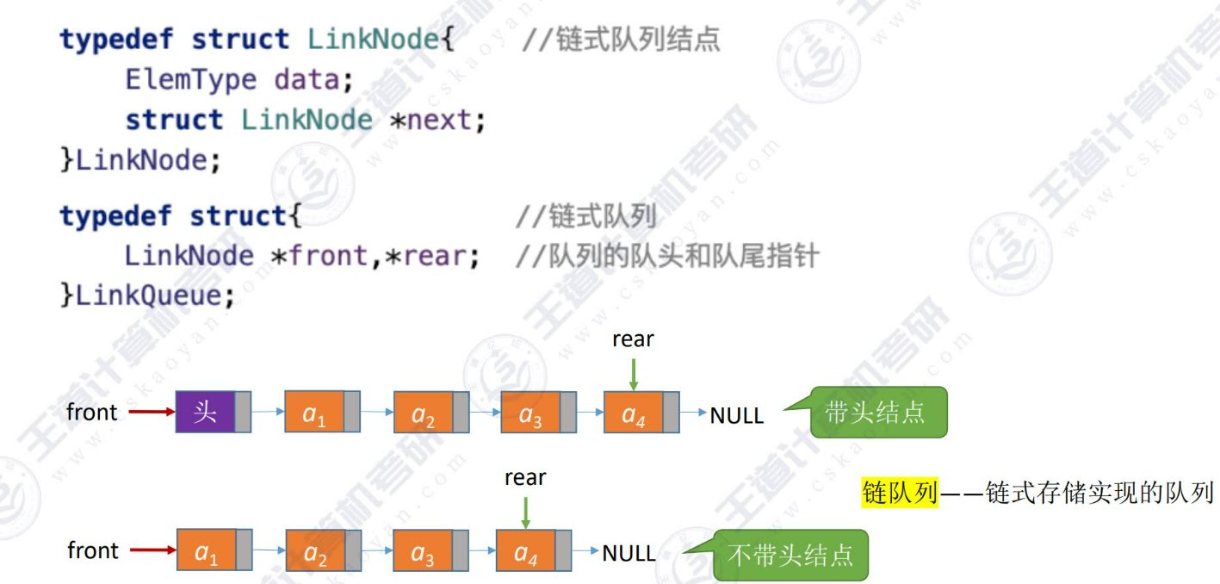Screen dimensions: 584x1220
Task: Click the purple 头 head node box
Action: pyautogui.click(x=205, y=412)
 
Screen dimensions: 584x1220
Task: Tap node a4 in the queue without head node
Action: pyautogui.click(x=526, y=551)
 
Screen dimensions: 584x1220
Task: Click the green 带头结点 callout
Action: pyautogui.click(x=876, y=413)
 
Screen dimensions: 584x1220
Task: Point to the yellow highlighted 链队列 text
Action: pyautogui.click(x=899, y=492)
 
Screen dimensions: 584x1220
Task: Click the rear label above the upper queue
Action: pyautogui.click(x=633, y=339)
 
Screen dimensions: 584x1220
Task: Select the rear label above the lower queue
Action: pyautogui.click(x=525, y=477)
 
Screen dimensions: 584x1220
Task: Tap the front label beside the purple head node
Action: pyautogui.click(x=92, y=413)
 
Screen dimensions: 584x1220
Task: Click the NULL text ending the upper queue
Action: pyautogui.click(x=736, y=415)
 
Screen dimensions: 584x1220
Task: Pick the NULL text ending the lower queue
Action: pyautogui.click(x=629, y=553)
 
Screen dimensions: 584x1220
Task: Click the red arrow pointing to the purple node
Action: pyautogui.click(x=152, y=413)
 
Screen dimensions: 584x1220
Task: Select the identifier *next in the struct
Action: pyautogui.click(x=438, y=120)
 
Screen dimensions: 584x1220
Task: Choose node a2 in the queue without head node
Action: pyautogui.click(x=315, y=553)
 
